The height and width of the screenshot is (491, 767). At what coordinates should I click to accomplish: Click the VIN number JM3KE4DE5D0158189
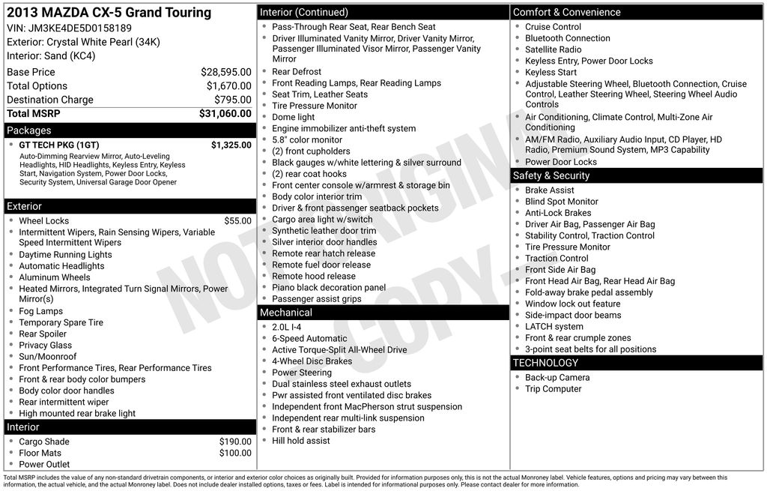(x=79, y=28)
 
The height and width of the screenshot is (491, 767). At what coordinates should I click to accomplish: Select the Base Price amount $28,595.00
(x=225, y=72)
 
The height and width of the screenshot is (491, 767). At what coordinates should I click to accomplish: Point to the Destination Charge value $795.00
(x=232, y=100)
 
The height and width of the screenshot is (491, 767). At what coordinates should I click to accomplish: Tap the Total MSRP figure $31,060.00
(x=225, y=114)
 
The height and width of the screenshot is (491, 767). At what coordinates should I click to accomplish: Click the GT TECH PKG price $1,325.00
(x=231, y=145)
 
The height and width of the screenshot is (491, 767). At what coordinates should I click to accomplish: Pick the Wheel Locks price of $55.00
(x=237, y=221)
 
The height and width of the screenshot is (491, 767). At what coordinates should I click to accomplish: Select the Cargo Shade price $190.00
(x=235, y=442)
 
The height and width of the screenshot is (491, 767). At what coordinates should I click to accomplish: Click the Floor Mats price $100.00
(x=235, y=454)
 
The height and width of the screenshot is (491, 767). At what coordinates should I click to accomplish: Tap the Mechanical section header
(x=285, y=313)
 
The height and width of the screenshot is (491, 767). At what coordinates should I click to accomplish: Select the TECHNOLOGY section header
(x=545, y=363)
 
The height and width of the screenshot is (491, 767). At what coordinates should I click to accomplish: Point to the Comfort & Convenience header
(x=566, y=12)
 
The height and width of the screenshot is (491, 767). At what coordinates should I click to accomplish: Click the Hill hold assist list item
(x=300, y=441)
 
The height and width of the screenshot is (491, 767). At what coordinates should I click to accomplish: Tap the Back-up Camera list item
(x=557, y=378)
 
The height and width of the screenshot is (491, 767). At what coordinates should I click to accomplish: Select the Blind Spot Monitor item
(x=561, y=202)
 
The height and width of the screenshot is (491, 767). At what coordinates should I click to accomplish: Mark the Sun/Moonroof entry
(x=47, y=357)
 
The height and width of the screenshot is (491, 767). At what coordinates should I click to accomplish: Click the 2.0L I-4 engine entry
(x=286, y=328)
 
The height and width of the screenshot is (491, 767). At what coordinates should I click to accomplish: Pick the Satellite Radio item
(x=553, y=49)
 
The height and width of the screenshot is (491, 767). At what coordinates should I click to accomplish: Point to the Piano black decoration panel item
(x=329, y=288)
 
